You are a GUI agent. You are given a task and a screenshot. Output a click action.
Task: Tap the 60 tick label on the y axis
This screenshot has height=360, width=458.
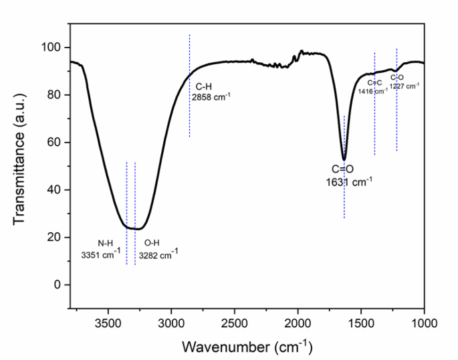tap(57, 143)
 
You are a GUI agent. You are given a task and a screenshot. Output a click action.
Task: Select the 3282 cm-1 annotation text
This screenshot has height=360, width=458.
tap(158, 255)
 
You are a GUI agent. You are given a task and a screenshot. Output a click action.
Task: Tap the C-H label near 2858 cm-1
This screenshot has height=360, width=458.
tap(204, 87)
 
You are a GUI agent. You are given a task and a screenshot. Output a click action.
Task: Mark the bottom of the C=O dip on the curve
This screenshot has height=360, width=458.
tap(344, 159)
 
